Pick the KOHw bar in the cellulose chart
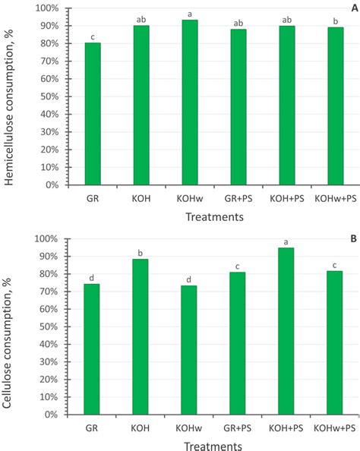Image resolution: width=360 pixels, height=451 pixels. [189, 350]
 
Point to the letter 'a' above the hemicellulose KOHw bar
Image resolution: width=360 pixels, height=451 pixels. [189, 14]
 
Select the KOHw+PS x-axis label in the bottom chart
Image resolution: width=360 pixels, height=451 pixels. [335, 427]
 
